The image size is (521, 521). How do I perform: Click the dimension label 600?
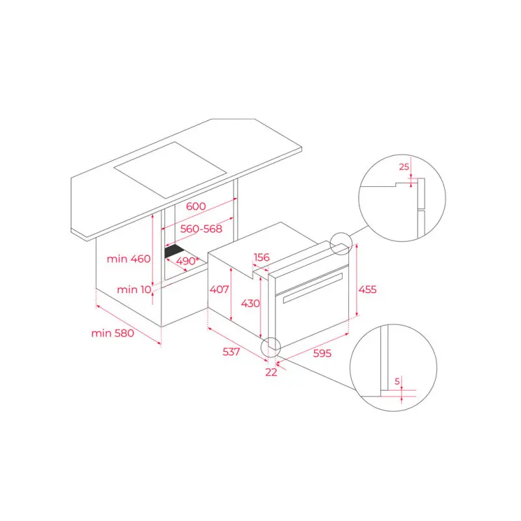point(195,206)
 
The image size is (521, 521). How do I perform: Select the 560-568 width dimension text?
point(202,229)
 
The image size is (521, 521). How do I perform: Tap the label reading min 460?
point(129,259)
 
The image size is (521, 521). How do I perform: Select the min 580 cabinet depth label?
point(112,333)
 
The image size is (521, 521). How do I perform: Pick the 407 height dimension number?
point(219,289)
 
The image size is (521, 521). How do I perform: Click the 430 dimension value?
point(251,303)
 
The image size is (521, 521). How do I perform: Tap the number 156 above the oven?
point(260,257)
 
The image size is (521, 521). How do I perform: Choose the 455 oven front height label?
point(367,289)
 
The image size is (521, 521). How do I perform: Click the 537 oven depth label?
point(231,352)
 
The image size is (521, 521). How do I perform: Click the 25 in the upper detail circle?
point(404,167)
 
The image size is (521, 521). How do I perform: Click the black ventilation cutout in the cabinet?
point(175,251)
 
